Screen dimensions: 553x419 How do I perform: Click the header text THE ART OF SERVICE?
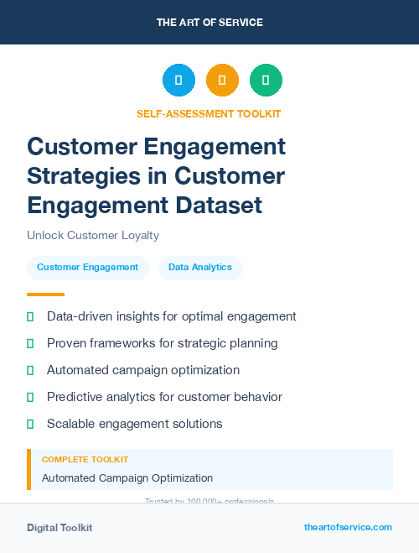click(x=209, y=23)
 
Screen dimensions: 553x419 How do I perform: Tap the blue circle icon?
click(x=178, y=81)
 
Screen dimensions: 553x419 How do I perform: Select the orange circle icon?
click(x=222, y=81)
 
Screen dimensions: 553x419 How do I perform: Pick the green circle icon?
click(x=266, y=81)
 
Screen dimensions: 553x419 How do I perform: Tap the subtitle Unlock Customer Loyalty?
click(x=93, y=236)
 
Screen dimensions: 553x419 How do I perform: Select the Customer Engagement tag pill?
click(x=87, y=268)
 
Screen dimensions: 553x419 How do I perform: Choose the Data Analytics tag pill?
click(x=200, y=268)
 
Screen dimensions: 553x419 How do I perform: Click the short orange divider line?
click(x=45, y=295)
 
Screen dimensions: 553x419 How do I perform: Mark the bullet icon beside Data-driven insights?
click(x=30, y=317)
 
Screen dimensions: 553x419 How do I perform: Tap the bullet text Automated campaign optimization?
click(x=143, y=370)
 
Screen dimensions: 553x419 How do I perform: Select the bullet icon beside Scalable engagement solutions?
click(x=30, y=424)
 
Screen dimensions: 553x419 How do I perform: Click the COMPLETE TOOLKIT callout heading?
click(x=85, y=460)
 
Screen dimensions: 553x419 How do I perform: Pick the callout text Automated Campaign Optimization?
click(x=127, y=478)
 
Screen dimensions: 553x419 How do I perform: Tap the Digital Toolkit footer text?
click(x=59, y=528)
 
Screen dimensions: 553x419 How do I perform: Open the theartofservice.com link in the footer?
click(x=348, y=527)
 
